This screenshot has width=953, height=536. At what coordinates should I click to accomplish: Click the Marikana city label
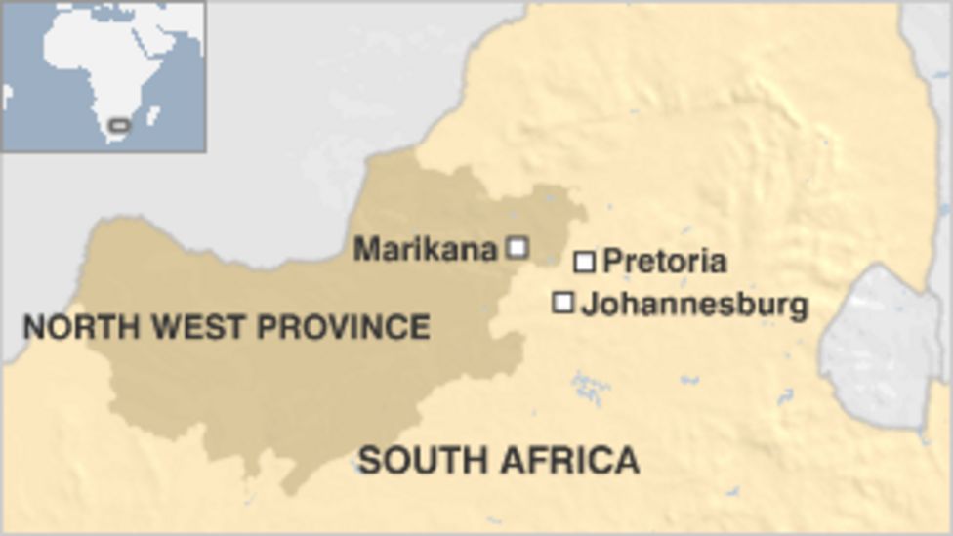pos(425,249)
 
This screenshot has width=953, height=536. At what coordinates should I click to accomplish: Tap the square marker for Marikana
pos(518,247)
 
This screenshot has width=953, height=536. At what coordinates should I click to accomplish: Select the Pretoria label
pos(664,261)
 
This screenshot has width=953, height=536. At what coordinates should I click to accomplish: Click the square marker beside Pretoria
pos(584,261)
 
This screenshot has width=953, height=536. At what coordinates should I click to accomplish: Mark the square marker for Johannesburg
pos(562,303)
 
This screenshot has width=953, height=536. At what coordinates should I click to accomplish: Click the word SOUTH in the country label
pos(421,458)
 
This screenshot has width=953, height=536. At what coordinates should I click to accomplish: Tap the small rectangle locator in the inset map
pos(119,125)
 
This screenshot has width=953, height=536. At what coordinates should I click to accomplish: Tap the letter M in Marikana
pos(365,249)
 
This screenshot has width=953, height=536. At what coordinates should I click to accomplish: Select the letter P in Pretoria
pos(612,261)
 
